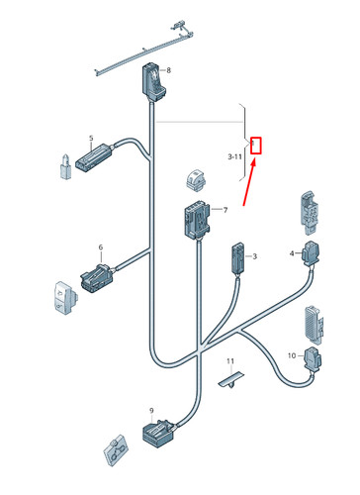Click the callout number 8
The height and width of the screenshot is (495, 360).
pyautogui.click(x=168, y=70)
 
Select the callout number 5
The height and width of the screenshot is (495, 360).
pyautogui.click(x=91, y=138)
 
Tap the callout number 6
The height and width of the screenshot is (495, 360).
pyautogui.click(x=101, y=247)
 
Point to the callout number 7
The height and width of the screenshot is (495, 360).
pyautogui.click(x=225, y=210)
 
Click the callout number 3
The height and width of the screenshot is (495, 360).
pyautogui.click(x=254, y=256)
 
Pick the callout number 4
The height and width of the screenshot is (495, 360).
pyautogui.click(x=292, y=253)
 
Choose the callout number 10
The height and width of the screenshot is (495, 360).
pyautogui.click(x=292, y=355)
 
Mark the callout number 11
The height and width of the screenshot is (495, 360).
pyautogui.click(x=230, y=361)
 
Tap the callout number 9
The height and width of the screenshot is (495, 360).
pyautogui.click(x=151, y=411)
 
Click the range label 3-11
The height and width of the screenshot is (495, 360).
pyautogui.click(x=234, y=156)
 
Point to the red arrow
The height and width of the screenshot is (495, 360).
pyautogui.click(x=249, y=182)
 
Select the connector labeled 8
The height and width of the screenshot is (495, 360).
pyautogui.click(x=152, y=82)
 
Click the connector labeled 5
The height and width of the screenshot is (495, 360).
pyautogui.click(x=95, y=156)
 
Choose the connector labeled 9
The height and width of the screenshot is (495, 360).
pyautogui.click(x=159, y=434)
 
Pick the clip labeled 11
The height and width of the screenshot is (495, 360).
pyautogui.click(x=231, y=380)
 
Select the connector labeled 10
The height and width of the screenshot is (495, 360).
pyautogui.click(x=313, y=359)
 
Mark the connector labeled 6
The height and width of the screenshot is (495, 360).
pyautogui.click(x=98, y=277)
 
